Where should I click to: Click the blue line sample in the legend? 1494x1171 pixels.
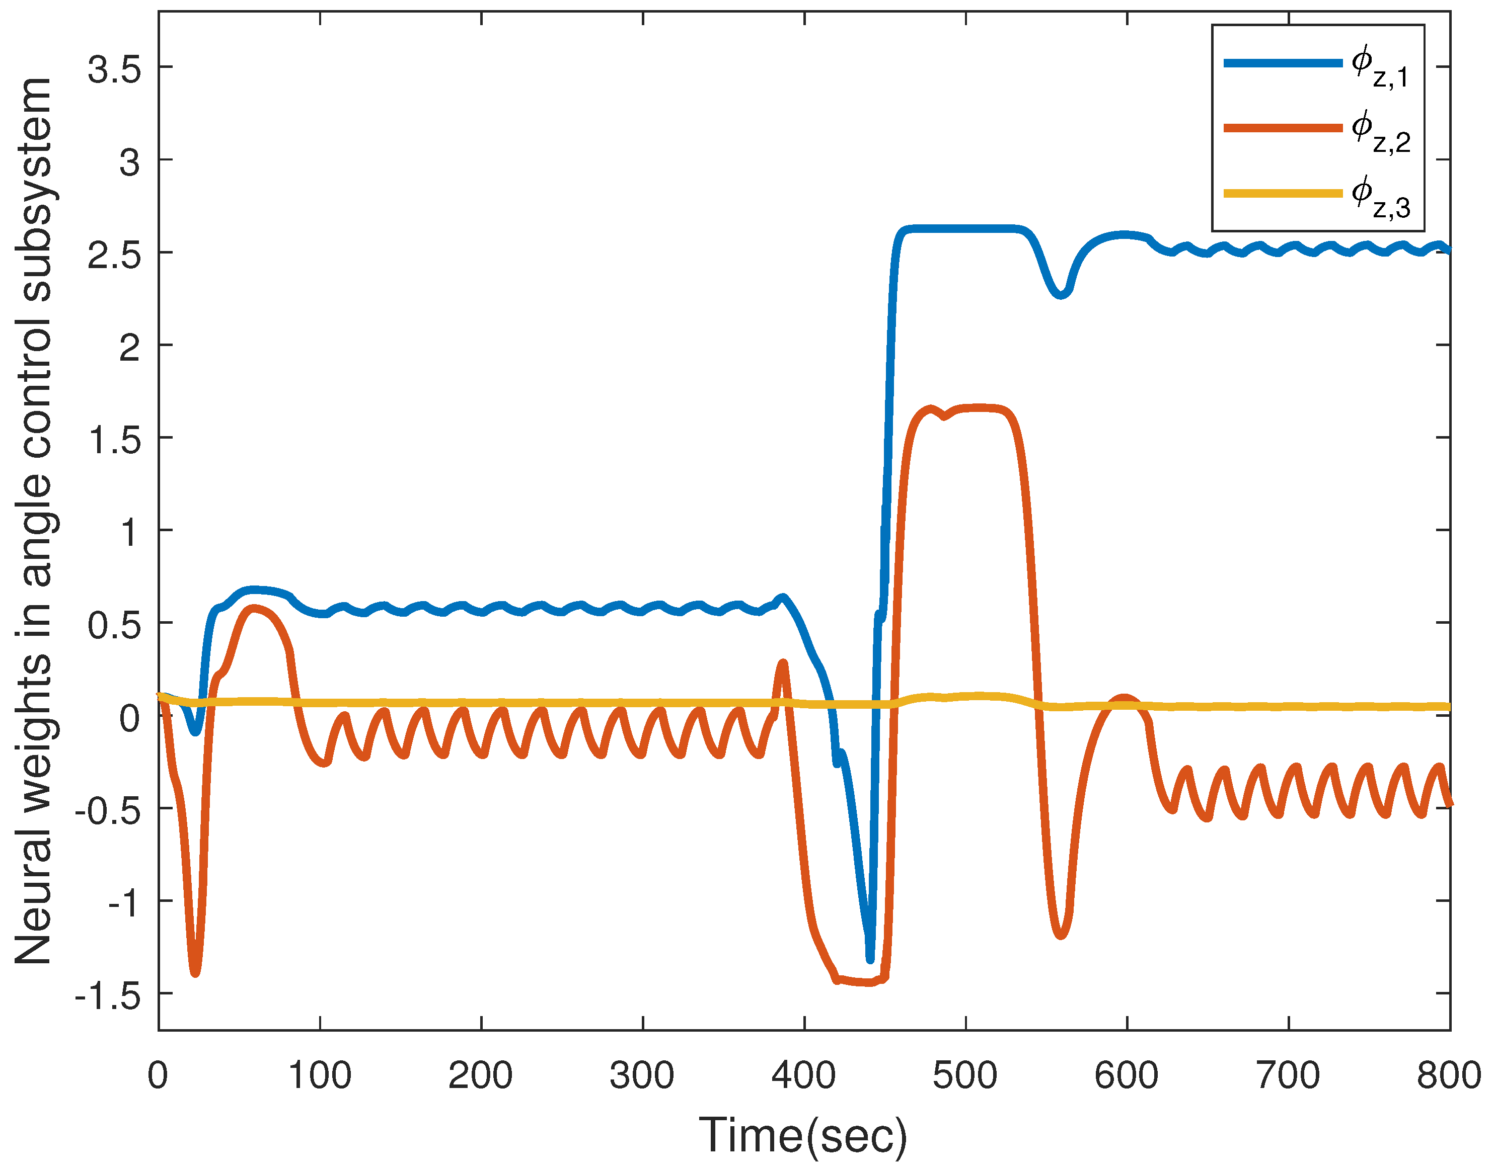(1283, 63)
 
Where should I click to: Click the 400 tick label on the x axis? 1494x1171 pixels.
(803, 1075)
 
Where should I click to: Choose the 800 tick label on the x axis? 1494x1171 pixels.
(1449, 1075)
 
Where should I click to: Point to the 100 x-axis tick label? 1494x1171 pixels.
(320, 1075)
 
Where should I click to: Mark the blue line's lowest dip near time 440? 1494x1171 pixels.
(870, 958)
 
